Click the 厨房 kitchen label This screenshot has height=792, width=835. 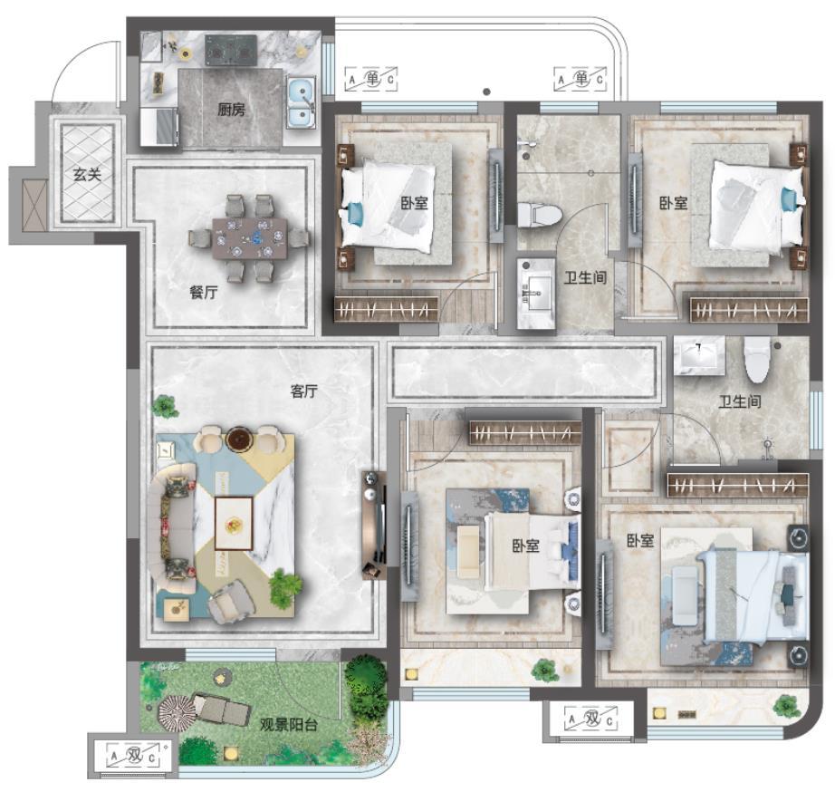click(x=232, y=111)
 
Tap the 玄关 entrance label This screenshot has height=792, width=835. click(x=87, y=174)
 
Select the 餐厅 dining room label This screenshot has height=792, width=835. click(x=204, y=292)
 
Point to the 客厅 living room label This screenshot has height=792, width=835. click(x=304, y=391)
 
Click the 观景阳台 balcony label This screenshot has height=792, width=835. click(x=289, y=725)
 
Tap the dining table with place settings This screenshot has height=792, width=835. click(x=249, y=237)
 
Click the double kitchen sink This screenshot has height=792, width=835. click(x=302, y=102)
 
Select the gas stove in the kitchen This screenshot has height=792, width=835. click(x=231, y=51)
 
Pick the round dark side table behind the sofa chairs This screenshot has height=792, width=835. click(x=238, y=438)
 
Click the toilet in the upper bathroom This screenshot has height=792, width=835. click(x=540, y=214)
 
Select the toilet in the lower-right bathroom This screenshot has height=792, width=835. click(x=757, y=359)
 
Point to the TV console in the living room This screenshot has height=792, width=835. click(x=374, y=525)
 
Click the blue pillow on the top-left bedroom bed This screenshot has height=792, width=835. click(x=353, y=214)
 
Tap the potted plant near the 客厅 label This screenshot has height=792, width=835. click(x=165, y=407)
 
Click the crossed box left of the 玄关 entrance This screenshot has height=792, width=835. click(x=35, y=205)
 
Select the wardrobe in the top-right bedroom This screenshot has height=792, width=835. click(x=749, y=310)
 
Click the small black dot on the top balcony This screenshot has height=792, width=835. click(x=486, y=92)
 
